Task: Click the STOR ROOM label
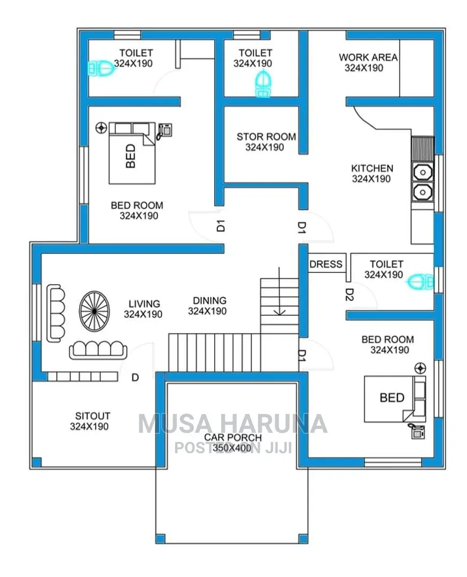266,137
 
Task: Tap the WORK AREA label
368,57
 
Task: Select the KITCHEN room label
372,168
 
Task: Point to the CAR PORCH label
233,438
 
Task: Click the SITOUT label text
93,416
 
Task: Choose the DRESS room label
326,264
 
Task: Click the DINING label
209,301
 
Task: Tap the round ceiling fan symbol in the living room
94,311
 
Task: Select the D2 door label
349,294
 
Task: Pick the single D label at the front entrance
135,378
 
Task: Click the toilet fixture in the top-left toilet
100,68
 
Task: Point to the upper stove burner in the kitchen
423,172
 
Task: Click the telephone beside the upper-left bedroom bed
164,131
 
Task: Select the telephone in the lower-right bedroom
417,431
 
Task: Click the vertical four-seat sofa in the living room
56,313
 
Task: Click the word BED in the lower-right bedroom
392,398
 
